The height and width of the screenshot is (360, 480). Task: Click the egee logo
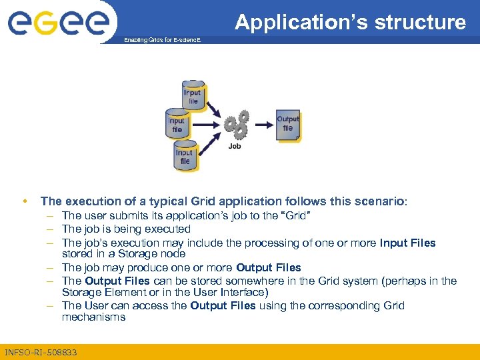click(58, 23)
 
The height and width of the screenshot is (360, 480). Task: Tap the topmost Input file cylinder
click(193, 97)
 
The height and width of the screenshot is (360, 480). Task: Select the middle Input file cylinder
click(177, 125)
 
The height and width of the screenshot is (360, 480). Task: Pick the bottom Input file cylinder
click(185, 157)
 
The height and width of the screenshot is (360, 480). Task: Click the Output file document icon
click(288, 125)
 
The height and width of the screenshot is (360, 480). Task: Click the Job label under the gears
click(235, 146)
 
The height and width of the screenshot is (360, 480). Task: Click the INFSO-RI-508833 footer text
click(41, 352)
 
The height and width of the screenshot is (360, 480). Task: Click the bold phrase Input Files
click(407, 242)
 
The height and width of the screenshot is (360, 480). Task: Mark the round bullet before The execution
click(24, 201)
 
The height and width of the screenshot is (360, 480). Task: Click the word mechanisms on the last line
click(93, 317)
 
